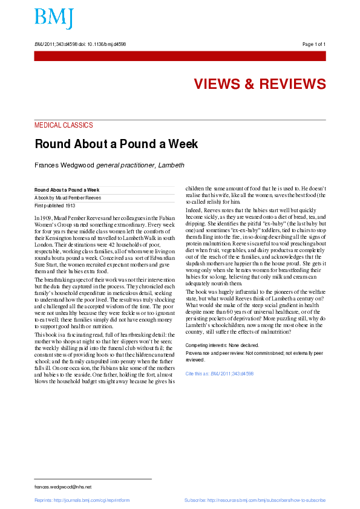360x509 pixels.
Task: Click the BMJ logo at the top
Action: (54, 18)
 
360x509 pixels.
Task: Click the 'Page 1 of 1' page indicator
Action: (313, 44)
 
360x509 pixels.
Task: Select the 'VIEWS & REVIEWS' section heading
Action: (260, 84)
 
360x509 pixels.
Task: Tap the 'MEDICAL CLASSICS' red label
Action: (64, 125)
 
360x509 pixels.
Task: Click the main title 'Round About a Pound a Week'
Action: (116, 144)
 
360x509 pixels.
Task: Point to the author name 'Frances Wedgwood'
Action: (62, 165)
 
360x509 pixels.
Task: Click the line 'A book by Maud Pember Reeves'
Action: (67, 198)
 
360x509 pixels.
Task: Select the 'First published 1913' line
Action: (54, 206)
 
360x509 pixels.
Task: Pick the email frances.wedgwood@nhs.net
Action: (63, 487)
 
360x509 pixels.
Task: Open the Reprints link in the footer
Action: (82, 501)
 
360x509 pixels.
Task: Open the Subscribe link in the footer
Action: (255, 501)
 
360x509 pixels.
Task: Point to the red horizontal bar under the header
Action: (180, 56)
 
